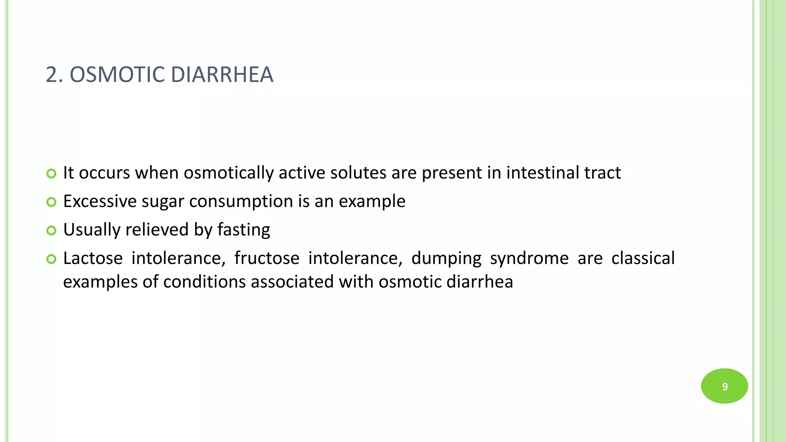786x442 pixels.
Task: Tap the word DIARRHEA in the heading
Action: pos(222,74)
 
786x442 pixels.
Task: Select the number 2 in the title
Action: pos(51,74)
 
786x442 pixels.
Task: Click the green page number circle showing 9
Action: pos(724,386)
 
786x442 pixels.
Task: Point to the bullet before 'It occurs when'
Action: pos(51,173)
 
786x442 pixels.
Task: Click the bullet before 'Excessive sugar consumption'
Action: pos(51,202)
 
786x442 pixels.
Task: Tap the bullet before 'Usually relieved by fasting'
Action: pos(51,230)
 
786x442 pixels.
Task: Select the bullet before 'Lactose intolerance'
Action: pos(51,259)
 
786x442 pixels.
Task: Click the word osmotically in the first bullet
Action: pos(228,173)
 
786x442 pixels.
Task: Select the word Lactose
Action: pos(93,258)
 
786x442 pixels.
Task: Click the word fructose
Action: pos(267,258)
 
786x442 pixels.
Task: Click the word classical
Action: pos(643,258)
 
